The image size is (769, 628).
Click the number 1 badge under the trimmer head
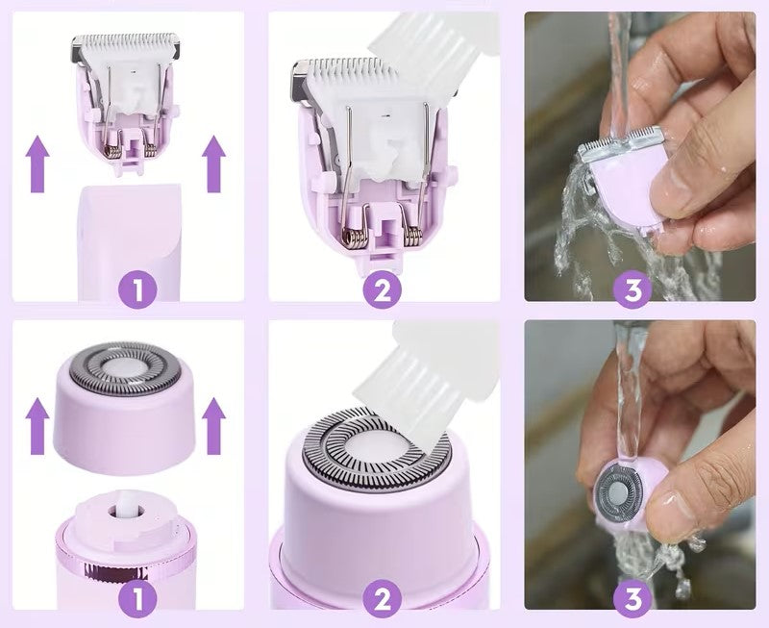tap(137, 289)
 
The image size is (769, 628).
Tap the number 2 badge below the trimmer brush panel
tap(382, 289)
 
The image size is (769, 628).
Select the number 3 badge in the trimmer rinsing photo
tap(633, 289)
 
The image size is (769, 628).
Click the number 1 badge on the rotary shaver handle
tap(137, 598)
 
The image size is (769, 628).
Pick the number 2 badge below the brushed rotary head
tap(382, 598)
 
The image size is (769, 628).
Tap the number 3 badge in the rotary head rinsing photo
tap(633, 598)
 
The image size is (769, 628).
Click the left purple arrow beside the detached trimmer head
tap(37, 164)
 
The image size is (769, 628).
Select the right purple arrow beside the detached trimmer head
tap(213, 164)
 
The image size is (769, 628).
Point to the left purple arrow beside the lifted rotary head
tap(37, 426)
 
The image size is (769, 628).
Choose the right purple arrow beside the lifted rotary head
tap(213, 426)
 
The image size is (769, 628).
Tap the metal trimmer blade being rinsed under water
tap(619, 143)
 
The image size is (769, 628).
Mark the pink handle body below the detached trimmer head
tap(130, 243)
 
